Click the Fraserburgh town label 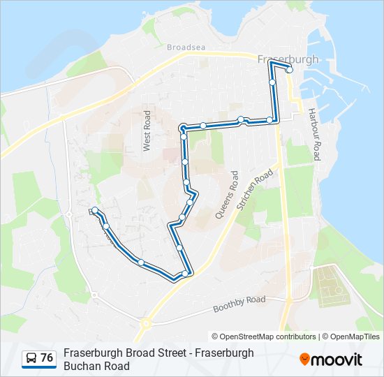point(288,59)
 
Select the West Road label point(147,131)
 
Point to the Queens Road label point(227,196)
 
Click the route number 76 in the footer point(47,358)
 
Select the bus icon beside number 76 point(31,358)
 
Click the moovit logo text point(337,360)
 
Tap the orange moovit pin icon point(304,360)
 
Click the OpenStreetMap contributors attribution point(264,337)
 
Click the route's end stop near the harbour point(289,70)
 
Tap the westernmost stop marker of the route point(94,211)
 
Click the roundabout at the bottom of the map point(146,323)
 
